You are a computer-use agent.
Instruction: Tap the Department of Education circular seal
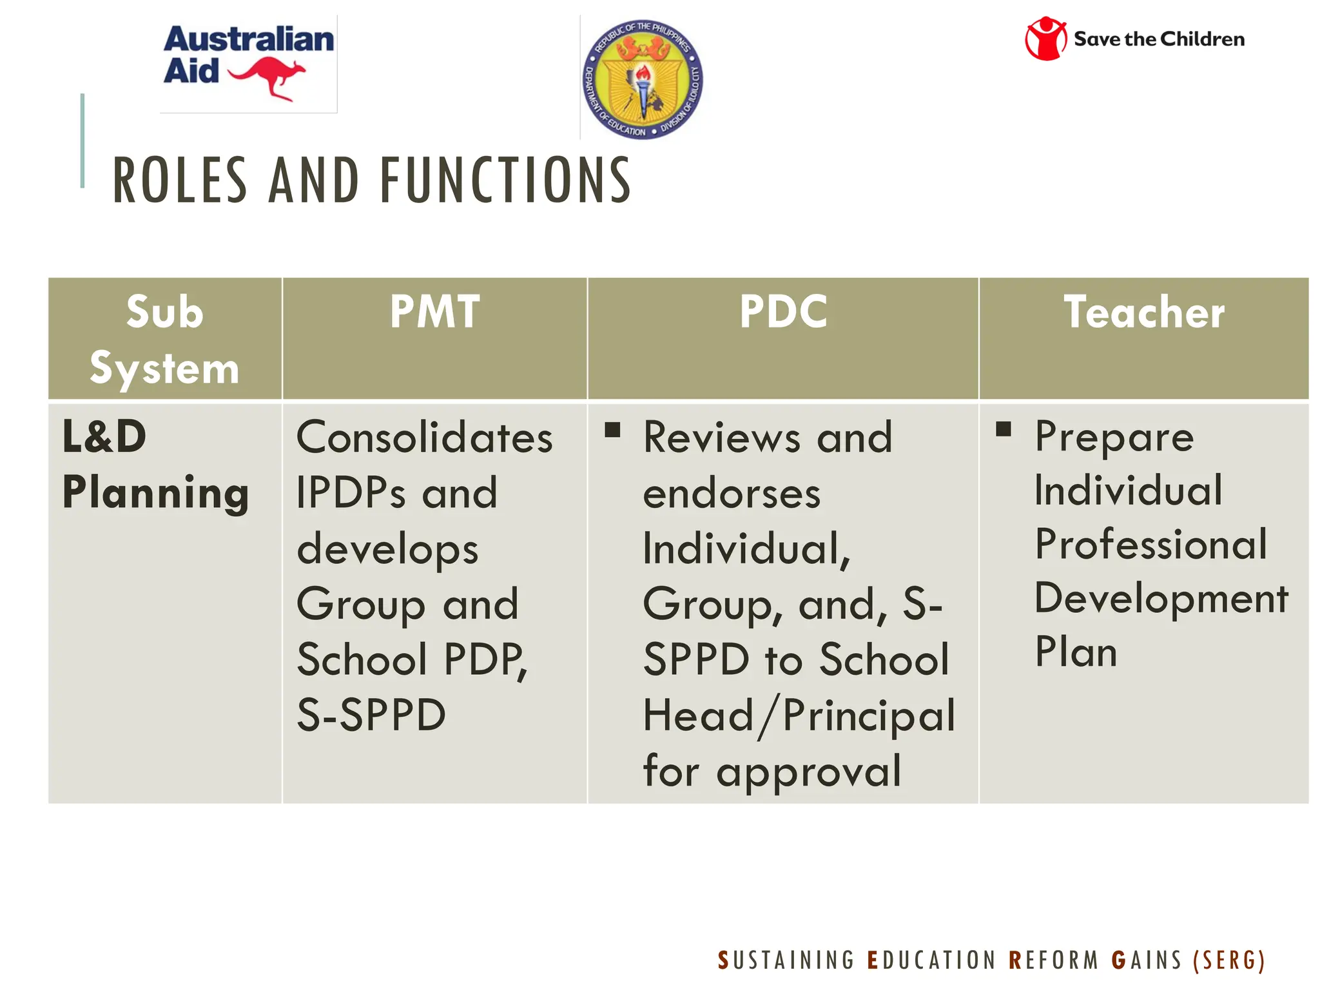click(642, 79)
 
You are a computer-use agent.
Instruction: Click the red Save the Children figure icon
click(1045, 39)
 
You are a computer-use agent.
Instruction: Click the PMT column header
click(435, 312)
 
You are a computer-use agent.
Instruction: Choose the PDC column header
click(783, 312)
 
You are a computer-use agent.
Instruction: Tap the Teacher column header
click(1144, 312)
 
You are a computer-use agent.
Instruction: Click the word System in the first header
click(164, 369)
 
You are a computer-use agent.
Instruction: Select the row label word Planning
click(155, 493)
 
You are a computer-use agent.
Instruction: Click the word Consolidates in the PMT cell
click(424, 438)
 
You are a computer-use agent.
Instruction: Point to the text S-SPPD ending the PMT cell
click(371, 715)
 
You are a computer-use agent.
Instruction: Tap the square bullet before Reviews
click(612, 430)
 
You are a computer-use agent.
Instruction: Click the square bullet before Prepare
click(1004, 429)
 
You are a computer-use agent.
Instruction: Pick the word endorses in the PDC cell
click(732, 494)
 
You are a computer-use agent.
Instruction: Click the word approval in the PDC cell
click(808, 771)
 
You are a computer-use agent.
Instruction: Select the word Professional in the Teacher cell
click(1151, 544)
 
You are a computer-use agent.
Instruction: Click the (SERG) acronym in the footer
click(1228, 960)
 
